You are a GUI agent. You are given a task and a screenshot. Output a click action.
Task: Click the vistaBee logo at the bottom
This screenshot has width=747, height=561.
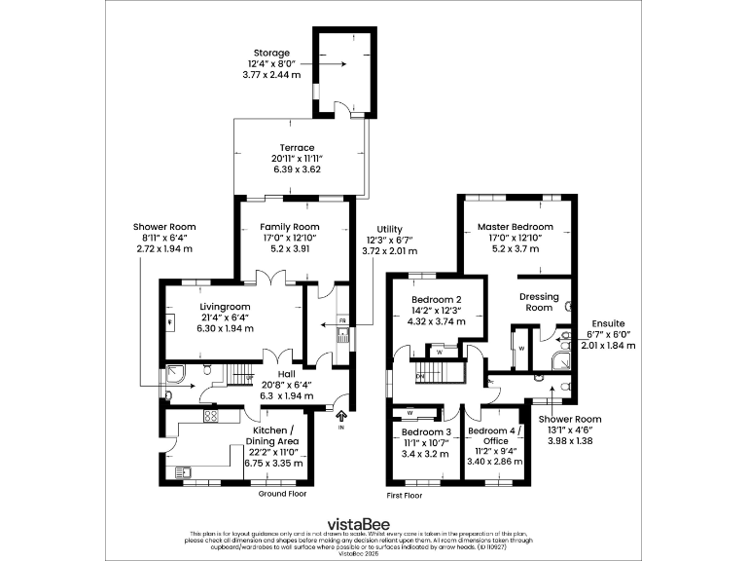[373, 519]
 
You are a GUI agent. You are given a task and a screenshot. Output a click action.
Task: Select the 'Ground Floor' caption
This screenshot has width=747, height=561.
[282, 494]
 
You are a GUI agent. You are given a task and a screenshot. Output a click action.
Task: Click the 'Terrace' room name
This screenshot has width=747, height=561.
[297, 148]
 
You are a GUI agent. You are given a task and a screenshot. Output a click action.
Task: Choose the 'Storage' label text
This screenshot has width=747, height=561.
[271, 52]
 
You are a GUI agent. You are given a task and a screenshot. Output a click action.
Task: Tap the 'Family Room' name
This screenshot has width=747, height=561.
[297, 227]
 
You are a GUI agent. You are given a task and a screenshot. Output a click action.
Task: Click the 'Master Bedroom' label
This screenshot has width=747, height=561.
[515, 227]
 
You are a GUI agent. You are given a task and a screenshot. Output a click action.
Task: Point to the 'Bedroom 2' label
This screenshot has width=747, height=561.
[436, 299]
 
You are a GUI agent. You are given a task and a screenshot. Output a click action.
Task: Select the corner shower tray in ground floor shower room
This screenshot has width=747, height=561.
[175, 371]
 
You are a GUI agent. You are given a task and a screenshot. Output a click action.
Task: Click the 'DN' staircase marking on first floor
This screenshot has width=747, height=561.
[420, 375]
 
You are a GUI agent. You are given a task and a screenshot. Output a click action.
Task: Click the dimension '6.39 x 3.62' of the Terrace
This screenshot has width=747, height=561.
[297, 169]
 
